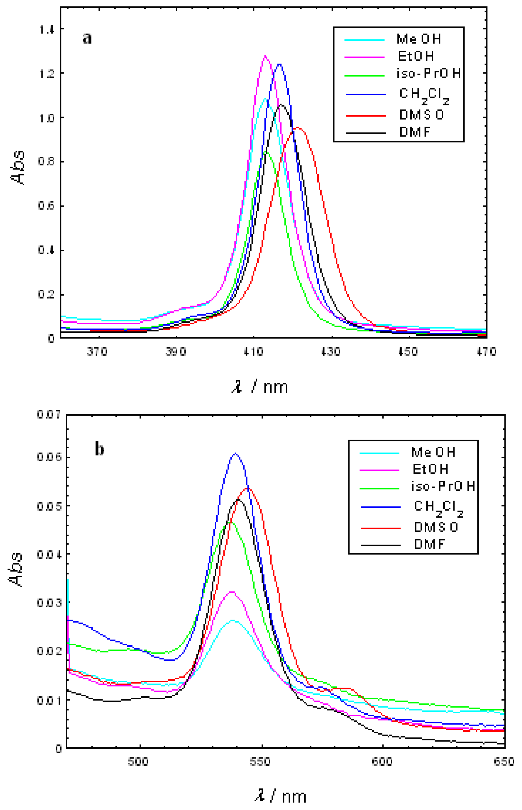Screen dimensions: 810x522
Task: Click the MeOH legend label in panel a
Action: point(419,39)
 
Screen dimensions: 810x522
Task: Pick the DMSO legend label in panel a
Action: point(421,115)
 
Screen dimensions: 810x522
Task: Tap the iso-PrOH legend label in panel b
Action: point(443,486)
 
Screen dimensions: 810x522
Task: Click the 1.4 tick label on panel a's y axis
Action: point(47,30)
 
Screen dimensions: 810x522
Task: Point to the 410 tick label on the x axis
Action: point(254,352)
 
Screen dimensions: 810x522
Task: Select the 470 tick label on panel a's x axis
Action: point(486,352)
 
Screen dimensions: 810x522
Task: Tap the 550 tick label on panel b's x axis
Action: point(260,762)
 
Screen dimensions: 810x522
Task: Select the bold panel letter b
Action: point(99,450)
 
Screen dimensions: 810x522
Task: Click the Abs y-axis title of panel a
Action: point(18,168)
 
